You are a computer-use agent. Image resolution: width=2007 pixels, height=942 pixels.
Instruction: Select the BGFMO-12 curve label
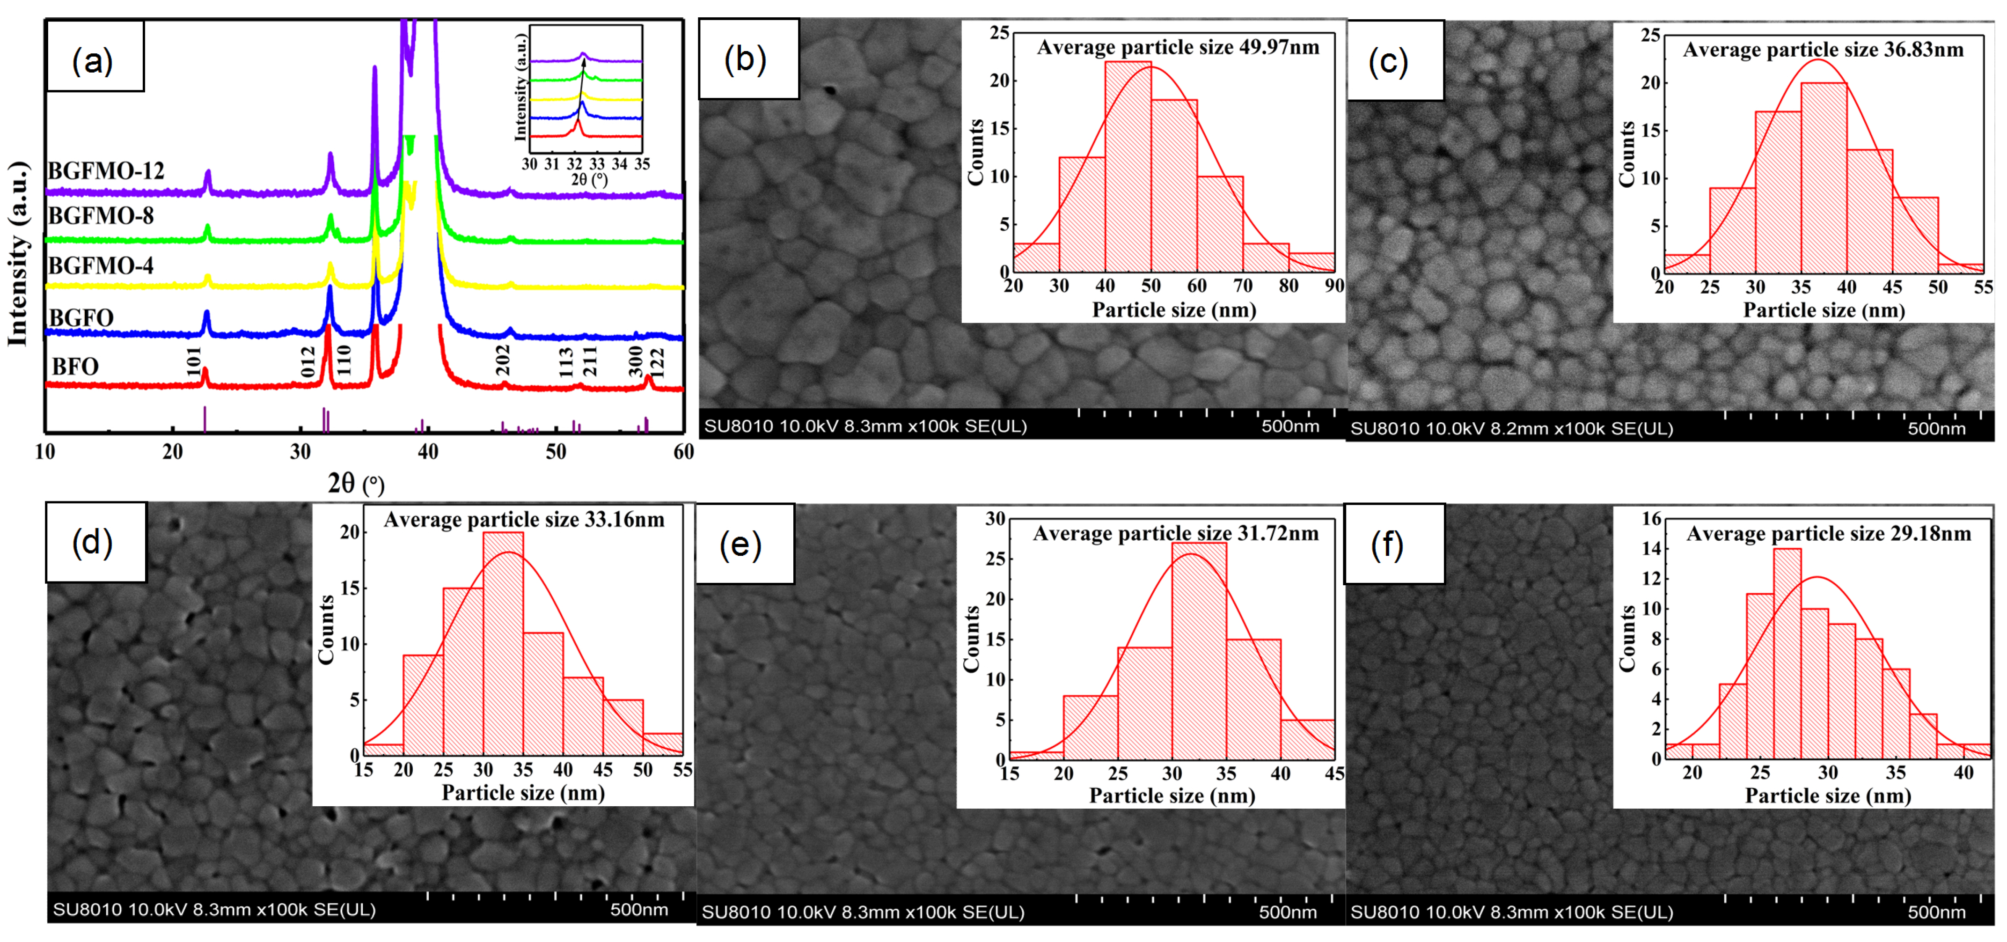click(107, 170)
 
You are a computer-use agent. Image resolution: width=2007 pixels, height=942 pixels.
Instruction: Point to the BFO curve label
click(75, 366)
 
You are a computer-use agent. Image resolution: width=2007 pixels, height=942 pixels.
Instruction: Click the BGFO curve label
click(81, 318)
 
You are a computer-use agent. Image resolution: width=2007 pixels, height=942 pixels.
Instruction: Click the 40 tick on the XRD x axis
click(428, 452)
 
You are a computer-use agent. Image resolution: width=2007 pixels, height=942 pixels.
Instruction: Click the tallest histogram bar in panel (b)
click(1128, 166)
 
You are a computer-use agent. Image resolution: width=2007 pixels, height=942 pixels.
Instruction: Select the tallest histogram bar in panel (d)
click(503, 643)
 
